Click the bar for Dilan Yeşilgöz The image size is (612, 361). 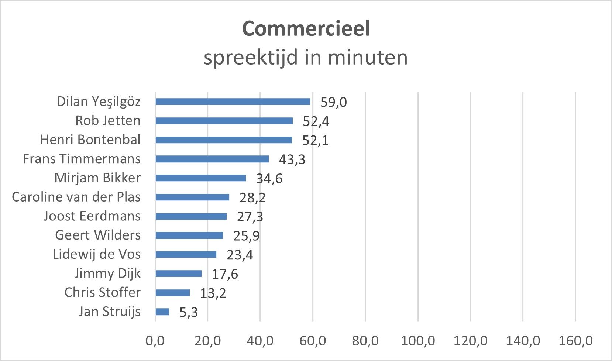point(233,102)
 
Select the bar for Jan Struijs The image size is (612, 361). point(162,312)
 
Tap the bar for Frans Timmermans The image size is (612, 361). point(212,159)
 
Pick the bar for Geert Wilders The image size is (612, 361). point(189,235)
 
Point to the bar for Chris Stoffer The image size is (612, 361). point(172,293)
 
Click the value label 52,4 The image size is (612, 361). point(316,121)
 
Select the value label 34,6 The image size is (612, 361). point(269,179)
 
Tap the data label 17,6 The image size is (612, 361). point(225,274)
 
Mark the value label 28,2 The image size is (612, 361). point(252,198)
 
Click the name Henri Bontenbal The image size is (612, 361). point(90,140)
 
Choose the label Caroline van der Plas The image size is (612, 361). point(76,197)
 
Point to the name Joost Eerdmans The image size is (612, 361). point(92,216)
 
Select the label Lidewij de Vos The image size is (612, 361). point(96,254)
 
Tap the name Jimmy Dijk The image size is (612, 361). point(107,274)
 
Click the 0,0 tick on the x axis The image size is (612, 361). point(155,341)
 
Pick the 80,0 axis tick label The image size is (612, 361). point(365,341)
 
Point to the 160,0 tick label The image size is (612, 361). point(575,341)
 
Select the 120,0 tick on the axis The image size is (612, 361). point(470,341)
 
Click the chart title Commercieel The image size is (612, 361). point(306,28)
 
